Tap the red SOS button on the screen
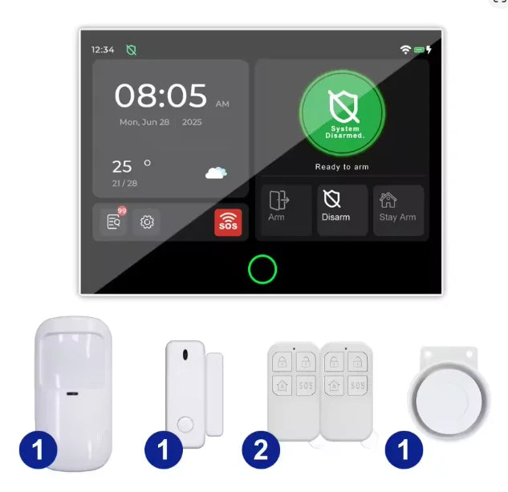click(227, 222)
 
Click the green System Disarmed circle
click(342, 112)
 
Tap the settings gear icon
click(147, 222)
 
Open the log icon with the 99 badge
click(114, 222)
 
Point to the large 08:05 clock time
click(161, 96)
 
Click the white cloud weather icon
click(216, 172)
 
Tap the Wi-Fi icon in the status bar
click(405, 50)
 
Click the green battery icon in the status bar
click(419, 50)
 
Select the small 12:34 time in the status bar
click(102, 50)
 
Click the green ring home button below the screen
click(262, 270)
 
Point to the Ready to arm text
click(342, 167)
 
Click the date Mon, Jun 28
click(144, 123)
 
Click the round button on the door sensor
click(185, 422)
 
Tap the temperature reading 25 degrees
click(122, 167)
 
